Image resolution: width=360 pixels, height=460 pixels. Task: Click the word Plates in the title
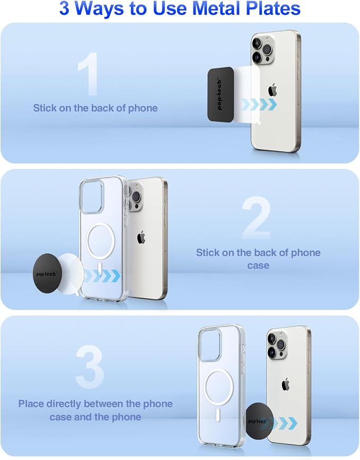pos(273,8)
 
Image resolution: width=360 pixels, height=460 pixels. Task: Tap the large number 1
pos(89,74)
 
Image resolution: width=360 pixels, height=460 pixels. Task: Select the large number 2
pos(257,218)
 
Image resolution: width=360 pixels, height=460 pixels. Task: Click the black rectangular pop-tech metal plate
pos(221,94)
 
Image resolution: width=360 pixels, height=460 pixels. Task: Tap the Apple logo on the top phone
pos(273,90)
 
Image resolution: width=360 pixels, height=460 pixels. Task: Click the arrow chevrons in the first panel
pos(259,104)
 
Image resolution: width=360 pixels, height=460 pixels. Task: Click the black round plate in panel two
pos(46,273)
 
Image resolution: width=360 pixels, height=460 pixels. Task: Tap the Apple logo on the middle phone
pos(141,237)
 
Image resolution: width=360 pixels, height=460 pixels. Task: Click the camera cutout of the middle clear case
pos(92,197)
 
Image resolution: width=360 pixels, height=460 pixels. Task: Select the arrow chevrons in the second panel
pos(102,276)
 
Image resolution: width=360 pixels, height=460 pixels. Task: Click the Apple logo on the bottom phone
pos(285,384)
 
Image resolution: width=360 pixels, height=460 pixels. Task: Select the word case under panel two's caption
pos(258,266)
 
